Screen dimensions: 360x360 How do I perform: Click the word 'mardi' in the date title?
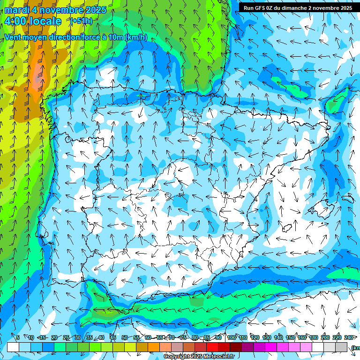click(17, 10)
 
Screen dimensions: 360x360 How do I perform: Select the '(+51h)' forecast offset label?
click(81, 21)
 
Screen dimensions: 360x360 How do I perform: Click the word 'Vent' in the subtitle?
click(14, 37)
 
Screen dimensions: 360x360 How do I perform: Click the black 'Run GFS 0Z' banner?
click(298, 7)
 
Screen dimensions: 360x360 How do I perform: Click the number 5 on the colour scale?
click(18, 337)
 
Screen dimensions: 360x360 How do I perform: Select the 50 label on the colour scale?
click(125, 337)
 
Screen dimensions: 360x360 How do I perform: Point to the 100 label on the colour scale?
click(231, 337)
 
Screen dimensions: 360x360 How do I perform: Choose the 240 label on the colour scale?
click(349, 337)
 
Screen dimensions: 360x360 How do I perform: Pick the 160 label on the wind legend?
click(302, 337)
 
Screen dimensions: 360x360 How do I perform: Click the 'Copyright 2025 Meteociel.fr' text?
click(199, 357)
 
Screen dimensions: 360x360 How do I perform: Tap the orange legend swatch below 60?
click(154, 347)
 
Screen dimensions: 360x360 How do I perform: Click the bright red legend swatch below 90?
click(212, 347)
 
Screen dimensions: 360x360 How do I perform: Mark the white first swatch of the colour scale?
click(13, 347)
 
